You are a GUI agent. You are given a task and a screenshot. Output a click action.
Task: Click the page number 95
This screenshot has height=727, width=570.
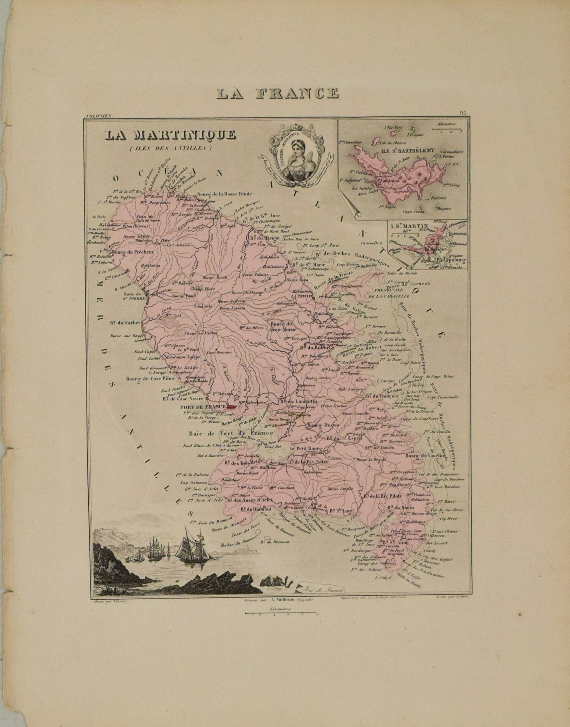[463, 113]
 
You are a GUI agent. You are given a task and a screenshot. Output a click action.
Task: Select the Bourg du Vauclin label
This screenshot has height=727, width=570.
[426, 456]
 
